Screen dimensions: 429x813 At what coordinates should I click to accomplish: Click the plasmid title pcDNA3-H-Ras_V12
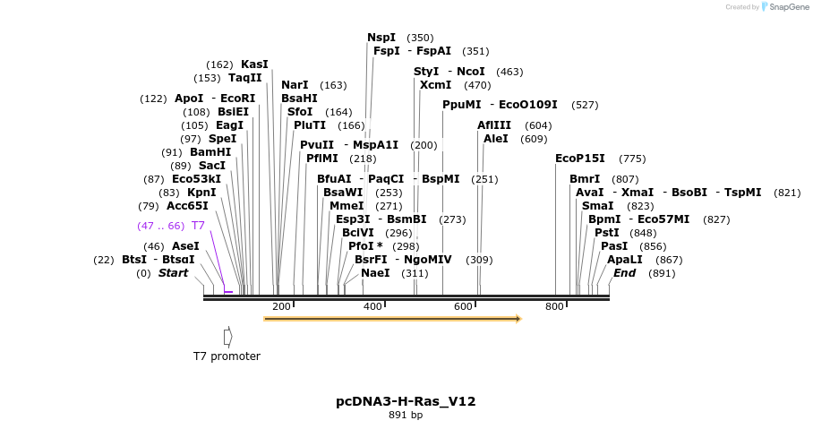pyautogui.click(x=406, y=401)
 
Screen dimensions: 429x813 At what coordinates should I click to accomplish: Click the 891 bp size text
pyautogui.click(x=406, y=416)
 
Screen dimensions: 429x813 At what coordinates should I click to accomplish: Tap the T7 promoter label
pyautogui.click(x=227, y=356)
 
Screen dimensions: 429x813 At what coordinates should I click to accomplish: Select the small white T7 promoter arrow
pyautogui.click(x=227, y=337)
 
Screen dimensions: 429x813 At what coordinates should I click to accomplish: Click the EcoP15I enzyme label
pyautogui.click(x=579, y=159)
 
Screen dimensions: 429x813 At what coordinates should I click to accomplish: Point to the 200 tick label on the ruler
pyautogui.click(x=281, y=306)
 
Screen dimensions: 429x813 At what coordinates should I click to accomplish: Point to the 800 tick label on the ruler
pyautogui.click(x=554, y=306)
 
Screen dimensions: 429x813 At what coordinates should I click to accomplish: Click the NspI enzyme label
pyautogui.click(x=381, y=38)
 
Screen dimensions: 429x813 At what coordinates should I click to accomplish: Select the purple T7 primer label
pyautogui.click(x=198, y=226)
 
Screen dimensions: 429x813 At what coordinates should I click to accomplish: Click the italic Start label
pyautogui.click(x=173, y=273)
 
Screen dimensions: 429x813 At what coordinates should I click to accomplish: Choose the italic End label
pyautogui.click(x=624, y=273)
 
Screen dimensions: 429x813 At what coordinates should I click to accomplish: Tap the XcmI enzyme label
pyautogui.click(x=436, y=85)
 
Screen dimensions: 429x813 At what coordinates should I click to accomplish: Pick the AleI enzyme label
pyautogui.click(x=495, y=139)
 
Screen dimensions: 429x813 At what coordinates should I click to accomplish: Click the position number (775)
pyautogui.click(x=632, y=159)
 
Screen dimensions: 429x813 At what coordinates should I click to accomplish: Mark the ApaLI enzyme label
pyautogui.click(x=624, y=260)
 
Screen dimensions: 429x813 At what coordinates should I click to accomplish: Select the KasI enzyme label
pyautogui.click(x=254, y=64)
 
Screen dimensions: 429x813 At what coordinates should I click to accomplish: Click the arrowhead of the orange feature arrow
pyautogui.click(x=518, y=318)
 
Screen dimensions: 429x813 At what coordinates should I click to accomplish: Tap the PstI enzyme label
pyautogui.click(x=606, y=233)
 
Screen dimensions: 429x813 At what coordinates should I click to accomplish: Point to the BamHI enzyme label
pyautogui.click(x=210, y=152)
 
